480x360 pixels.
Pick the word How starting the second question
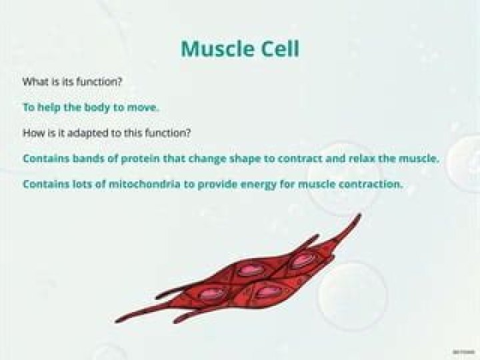point(32,133)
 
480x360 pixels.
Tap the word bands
point(83,159)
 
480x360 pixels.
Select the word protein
point(132,159)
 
